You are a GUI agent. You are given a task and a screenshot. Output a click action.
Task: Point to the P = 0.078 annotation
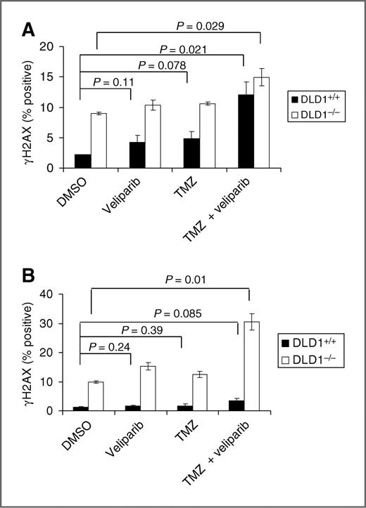click(x=163, y=65)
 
